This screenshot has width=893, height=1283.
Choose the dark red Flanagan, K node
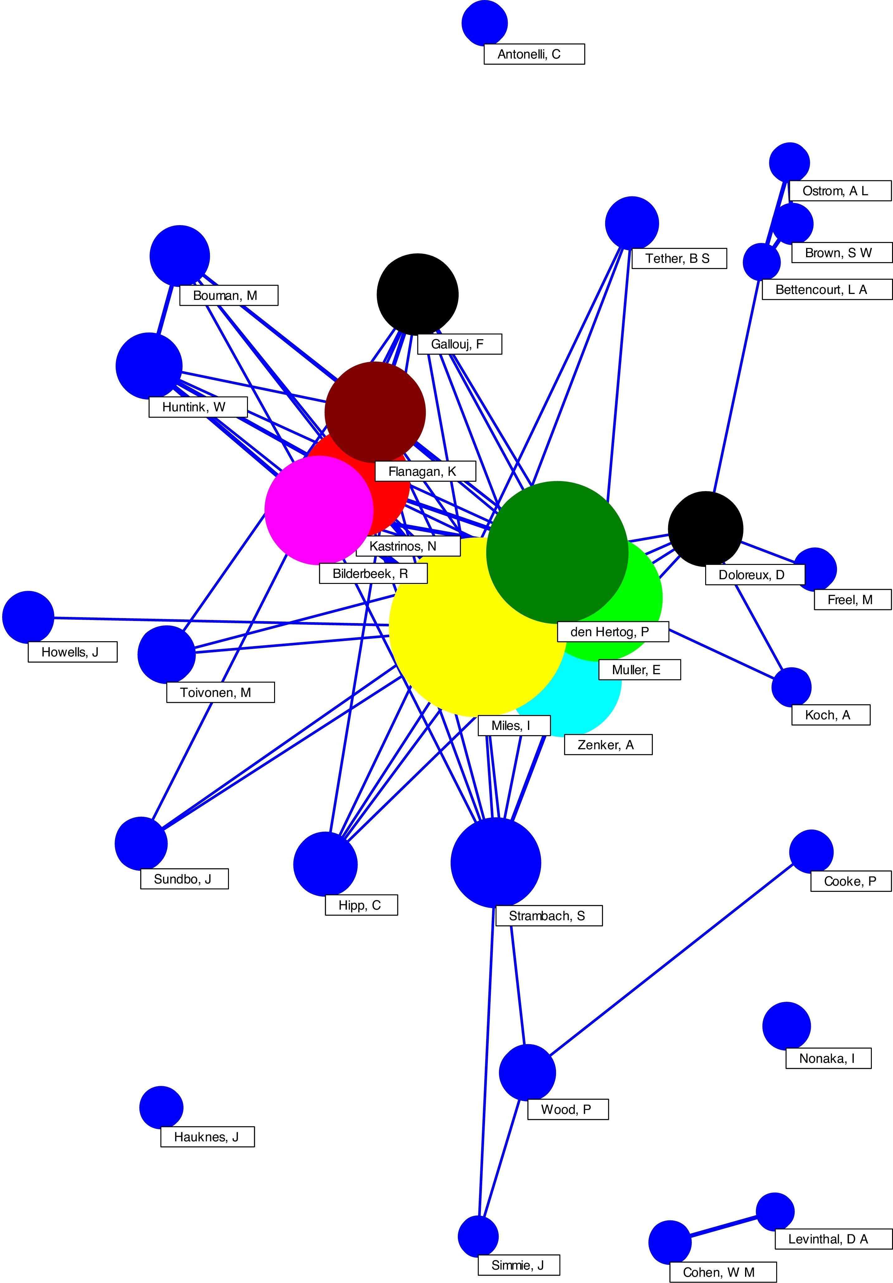tap(375, 412)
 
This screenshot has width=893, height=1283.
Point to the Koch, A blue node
tap(791, 687)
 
